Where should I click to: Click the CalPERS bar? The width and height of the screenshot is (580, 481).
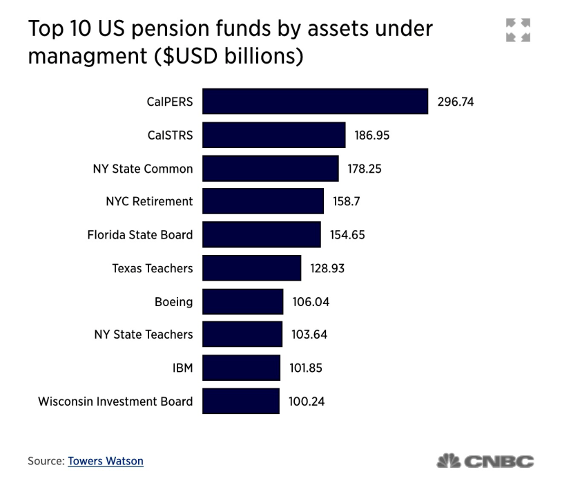[x=315, y=102]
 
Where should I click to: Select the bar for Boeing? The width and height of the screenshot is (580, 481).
[x=242, y=301]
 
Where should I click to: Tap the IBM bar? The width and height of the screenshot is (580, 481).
[x=241, y=368]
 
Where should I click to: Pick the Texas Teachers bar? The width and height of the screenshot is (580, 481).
[x=251, y=268]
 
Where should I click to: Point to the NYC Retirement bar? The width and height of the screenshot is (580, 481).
[x=262, y=201]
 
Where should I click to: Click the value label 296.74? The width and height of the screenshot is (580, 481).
[x=456, y=102]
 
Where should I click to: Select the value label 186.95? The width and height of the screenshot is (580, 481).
[x=372, y=135]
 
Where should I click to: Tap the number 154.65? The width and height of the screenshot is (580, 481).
[x=347, y=235]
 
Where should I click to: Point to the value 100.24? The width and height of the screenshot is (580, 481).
[x=307, y=401]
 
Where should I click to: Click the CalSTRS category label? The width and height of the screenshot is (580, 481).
[x=170, y=135]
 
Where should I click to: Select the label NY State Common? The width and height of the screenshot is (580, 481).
[x=143, y=169]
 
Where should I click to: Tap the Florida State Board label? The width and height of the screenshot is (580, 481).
[x=140, y=235]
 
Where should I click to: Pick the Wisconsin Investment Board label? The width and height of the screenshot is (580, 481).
[x=115, y=401]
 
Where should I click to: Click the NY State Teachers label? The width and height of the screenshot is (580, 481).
[x=144, y=334]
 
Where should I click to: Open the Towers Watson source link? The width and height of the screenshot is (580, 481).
[x=106, y=460]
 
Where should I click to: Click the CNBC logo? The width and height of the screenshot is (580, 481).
[x=485, y=461]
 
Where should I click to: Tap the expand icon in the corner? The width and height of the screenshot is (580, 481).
[x=519, y=30]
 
